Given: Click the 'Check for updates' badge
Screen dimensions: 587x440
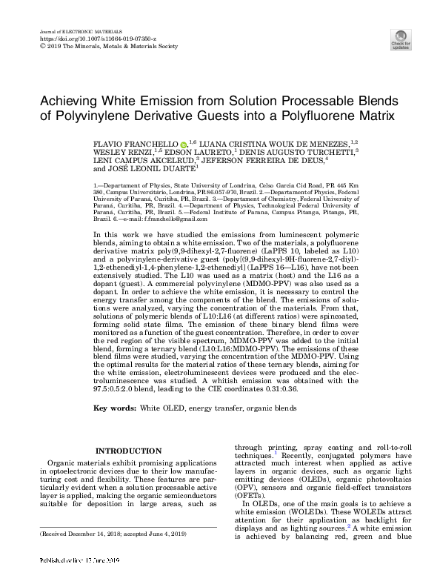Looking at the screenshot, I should coord(401,39).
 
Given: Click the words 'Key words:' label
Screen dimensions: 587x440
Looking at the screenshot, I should coord(115,408).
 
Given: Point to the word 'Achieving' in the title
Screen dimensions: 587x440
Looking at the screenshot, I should coord(72,101).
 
